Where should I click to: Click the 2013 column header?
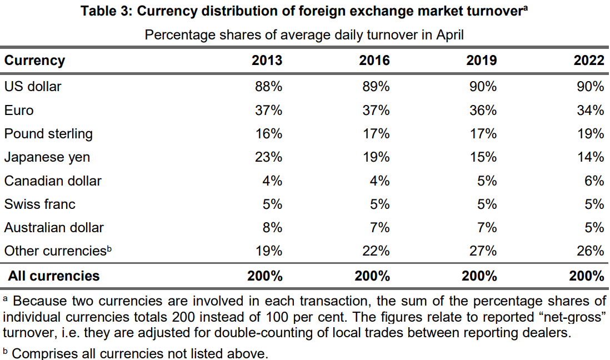coord(267,61)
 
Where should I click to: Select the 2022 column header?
coord(589,61)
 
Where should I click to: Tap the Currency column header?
coord(34,61)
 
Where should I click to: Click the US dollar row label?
coord(33,87)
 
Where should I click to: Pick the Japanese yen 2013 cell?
coord(269,157)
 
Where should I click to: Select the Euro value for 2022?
coord(590,111)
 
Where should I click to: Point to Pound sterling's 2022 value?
coord(590,134)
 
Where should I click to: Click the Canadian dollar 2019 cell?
coord(487,181)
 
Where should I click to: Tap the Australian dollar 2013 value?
coord(272,228)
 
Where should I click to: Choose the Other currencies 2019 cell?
coord(483,251)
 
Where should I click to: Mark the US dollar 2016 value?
coord(376,87)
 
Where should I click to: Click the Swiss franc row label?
coord(39,204)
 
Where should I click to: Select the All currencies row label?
coord(54,276)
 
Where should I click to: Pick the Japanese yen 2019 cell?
coord(483,157)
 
